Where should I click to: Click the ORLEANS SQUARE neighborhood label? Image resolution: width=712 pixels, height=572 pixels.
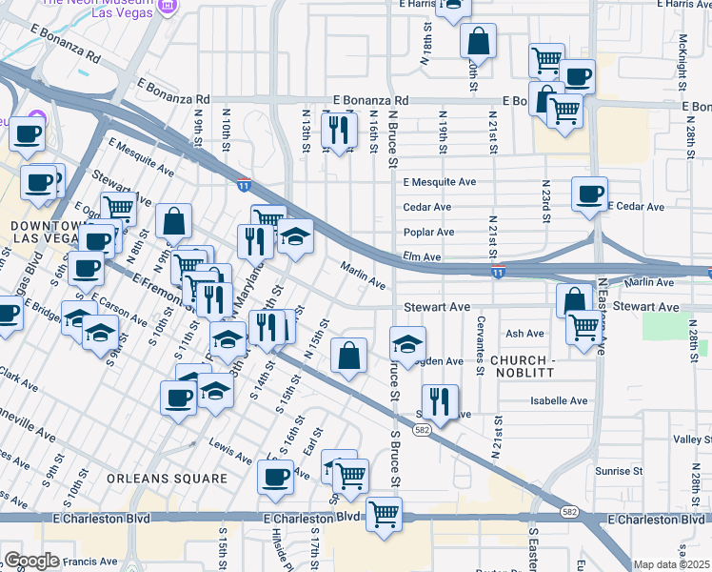pos(167,479)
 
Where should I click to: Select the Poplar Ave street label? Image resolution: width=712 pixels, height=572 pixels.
pos(427,232)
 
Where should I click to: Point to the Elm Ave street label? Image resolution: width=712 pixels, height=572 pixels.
pos(422,257)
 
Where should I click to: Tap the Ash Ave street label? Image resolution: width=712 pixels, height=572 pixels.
pos(524,334)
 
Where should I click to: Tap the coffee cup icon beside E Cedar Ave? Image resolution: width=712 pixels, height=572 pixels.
pos(589,194)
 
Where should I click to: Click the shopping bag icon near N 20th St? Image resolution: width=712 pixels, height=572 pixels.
pos(479,42)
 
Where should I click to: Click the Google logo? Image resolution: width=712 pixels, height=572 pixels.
pos(31,561)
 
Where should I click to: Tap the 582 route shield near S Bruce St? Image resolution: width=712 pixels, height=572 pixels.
pos(420,431)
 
